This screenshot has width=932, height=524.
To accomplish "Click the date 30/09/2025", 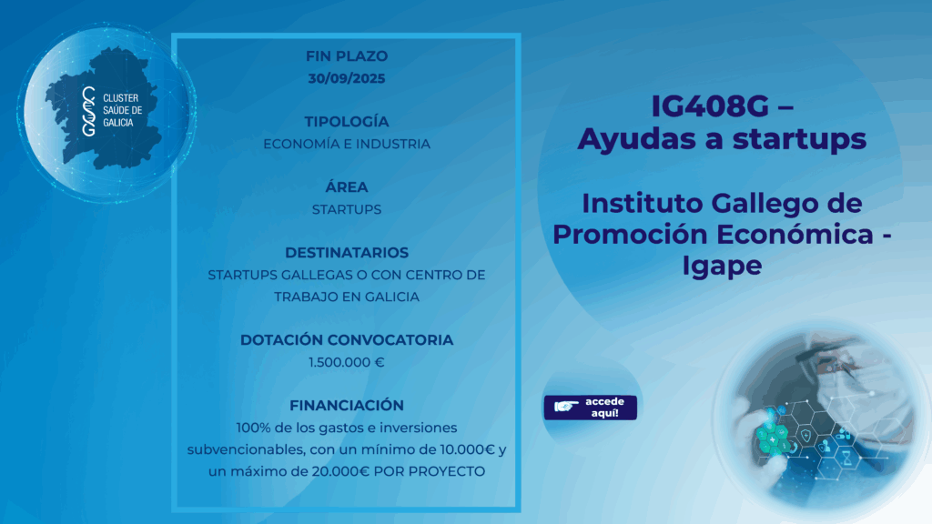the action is [347, 78].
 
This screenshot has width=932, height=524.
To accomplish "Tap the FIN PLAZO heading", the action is [347, 55].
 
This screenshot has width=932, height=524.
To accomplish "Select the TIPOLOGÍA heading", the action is [347, 121].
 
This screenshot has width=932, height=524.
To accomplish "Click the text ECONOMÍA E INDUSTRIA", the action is [347, 144].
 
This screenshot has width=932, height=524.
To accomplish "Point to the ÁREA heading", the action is [347, 186].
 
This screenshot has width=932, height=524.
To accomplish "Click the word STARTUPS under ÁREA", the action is [347, 209].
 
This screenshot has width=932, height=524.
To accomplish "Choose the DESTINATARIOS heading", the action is [347, 253].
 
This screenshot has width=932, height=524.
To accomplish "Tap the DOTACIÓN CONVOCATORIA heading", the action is [347, 340].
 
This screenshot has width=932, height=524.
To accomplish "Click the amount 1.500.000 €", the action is [347, 362].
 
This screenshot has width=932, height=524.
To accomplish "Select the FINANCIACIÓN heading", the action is [347, 405].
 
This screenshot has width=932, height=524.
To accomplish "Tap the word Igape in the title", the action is [722, 265].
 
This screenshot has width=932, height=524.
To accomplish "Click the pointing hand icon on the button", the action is [566, 407].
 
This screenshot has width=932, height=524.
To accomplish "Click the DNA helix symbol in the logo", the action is [89, 111].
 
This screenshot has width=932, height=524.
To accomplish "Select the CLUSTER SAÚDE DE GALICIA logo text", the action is [123, 110].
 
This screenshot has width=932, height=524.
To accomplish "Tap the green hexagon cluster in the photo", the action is [774, 439].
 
